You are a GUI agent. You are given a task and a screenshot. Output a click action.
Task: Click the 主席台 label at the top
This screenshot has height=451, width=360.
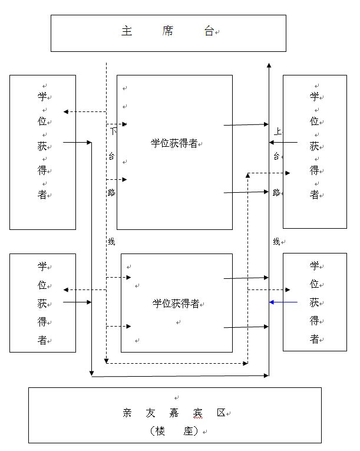click(x=167, y=32)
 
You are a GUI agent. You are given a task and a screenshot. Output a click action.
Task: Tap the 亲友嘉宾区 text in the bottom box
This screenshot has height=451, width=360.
click(x=174, y=413)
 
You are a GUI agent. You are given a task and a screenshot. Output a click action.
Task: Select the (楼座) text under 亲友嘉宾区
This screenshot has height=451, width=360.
click(x=174, y=431)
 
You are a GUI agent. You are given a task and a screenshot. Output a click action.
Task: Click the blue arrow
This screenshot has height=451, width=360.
click(x=283, y=302)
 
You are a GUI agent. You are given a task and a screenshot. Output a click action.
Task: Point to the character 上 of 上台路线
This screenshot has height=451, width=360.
click(x=277, y=131)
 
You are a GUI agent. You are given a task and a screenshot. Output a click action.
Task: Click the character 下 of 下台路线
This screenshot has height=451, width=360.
click(x=113, y=131)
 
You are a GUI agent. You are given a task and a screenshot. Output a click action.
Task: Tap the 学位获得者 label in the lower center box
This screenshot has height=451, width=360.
click(x=176, y=304)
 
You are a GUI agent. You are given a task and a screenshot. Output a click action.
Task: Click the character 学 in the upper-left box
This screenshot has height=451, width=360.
click(x=42, y=96)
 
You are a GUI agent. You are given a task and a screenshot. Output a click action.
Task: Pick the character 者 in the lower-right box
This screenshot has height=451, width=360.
click(x=314, y=339)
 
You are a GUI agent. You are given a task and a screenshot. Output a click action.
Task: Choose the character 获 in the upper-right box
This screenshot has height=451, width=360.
click(x=314, y=146)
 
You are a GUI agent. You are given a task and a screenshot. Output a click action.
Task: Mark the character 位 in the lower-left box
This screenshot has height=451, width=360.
click(x=42, y=285)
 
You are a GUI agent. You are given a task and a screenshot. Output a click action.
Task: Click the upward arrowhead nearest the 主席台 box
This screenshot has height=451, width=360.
click(x=269, y=65)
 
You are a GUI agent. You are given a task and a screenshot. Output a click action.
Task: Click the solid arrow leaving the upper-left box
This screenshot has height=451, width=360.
click(x=77, y=142)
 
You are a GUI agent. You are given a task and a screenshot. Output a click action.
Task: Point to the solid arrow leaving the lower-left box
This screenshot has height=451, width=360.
click(x=77, y=302)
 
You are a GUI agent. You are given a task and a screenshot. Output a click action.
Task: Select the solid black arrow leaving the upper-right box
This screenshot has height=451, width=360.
click(x=285, y=142)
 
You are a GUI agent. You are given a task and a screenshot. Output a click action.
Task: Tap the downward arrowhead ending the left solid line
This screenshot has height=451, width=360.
click(x=92, y=373)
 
